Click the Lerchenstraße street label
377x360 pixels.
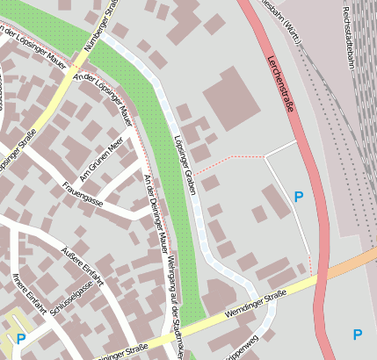[x=280, y=83]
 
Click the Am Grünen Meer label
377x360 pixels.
[x=101, y=162]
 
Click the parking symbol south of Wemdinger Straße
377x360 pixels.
[x=357, y=335]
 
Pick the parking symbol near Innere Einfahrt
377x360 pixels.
[x=20, y=339]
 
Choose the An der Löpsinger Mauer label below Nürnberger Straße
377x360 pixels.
[x=104, y=98]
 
